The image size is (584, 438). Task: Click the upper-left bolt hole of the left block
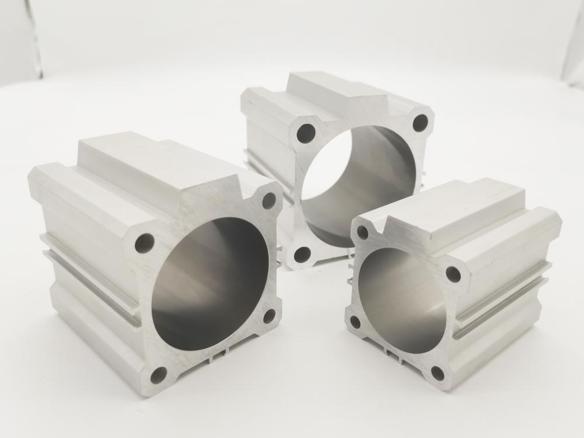(x=144, y=242)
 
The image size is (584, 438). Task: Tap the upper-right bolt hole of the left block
(x=269, y=200)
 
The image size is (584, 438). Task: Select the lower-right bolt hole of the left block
(x=269, y=315)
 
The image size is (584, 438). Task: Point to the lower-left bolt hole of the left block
(x=158, y=374)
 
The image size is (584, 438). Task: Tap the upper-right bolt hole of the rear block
(x=420, y=123)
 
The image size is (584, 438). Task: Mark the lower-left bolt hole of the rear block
(x=302, y=254)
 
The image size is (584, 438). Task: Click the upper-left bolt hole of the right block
(x=362, y=232)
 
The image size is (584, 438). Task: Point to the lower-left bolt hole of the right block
(x=354, y=322)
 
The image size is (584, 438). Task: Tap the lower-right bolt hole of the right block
(x=438, y=373)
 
